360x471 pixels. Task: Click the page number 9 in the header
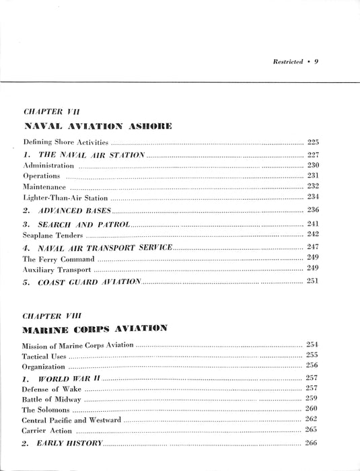pyautogui.click(x=316, y=61)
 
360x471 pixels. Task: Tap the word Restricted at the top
pyautogui.click(x=288, y=61)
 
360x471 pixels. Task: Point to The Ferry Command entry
pyautogui.click(x=55, y=258)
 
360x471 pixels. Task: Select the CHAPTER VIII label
pyautogui.click(x=53, y=314)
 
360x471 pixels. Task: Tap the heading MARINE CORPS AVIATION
pyautogui.click(x=95, y=330)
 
